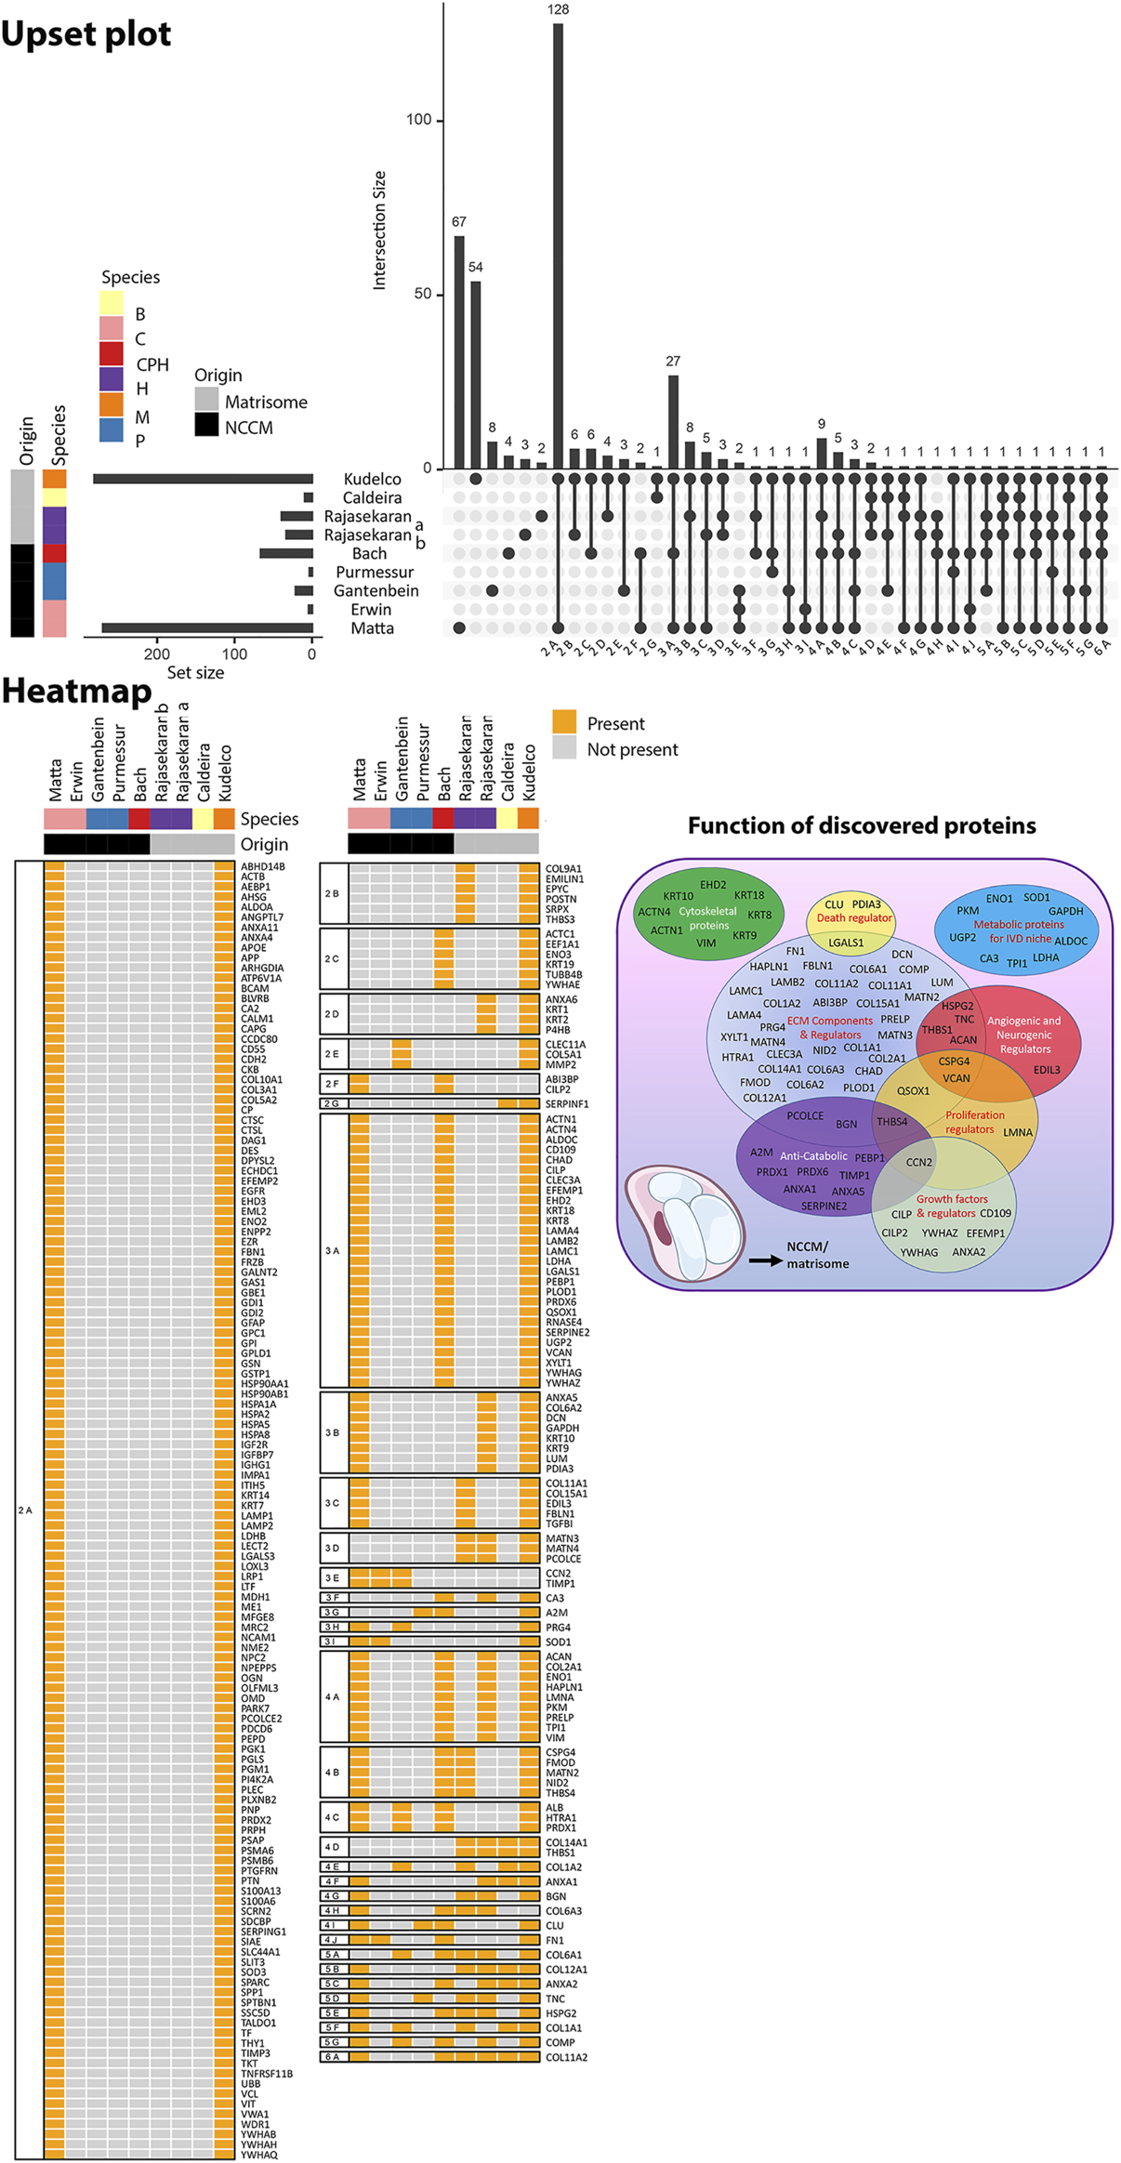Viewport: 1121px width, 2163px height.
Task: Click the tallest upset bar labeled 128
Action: point(558,245)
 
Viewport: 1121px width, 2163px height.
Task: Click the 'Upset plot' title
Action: point(86,34)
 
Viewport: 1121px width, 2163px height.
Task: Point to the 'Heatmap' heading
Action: point(77,691)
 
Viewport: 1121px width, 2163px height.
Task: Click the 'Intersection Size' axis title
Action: point(379,230)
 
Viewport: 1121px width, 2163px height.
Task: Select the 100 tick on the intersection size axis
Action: point(418,120)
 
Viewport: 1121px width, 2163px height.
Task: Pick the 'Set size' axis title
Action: point(195,672)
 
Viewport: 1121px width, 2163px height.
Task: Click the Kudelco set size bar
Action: point(203,479)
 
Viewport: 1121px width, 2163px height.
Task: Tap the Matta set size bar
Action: point(207,627)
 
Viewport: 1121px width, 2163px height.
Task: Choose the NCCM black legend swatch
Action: point(206,426)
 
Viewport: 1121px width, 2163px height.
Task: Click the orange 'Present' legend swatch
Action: point(564,722)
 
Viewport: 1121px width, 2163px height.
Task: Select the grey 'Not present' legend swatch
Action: point(564,748)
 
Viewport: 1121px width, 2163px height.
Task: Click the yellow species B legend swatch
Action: point(112,303)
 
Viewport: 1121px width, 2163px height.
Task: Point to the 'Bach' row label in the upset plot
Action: point(369,553)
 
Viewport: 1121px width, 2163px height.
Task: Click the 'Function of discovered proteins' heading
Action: point(862,825)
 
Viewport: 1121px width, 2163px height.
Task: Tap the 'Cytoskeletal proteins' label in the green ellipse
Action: point(707,918)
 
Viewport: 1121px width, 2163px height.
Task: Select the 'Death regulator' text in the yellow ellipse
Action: point(853,917)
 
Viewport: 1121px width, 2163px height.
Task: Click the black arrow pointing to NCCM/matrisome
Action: point(765,1260)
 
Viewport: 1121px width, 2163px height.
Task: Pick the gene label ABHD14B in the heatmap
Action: point(263,866)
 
